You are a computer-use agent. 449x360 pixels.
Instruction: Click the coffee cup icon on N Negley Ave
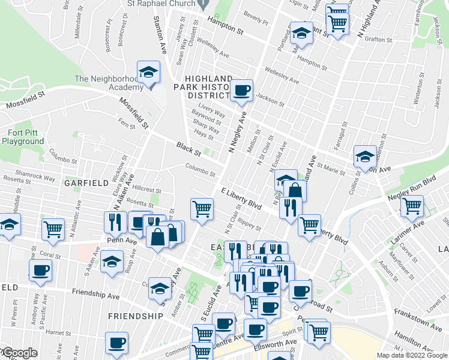242,91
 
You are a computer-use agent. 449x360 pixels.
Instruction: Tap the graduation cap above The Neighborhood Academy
147,73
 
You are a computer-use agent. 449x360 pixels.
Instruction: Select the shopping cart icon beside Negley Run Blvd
412,206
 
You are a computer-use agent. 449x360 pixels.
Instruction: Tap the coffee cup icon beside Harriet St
117,343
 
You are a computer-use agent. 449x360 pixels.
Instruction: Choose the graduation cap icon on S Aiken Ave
112,262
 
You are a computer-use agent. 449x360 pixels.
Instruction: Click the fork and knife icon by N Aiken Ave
114,222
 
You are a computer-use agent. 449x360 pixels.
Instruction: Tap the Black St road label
188,146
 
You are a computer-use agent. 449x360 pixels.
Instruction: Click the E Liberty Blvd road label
241,198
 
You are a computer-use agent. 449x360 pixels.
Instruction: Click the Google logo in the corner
19,353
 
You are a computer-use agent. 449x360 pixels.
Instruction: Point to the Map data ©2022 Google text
412,355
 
